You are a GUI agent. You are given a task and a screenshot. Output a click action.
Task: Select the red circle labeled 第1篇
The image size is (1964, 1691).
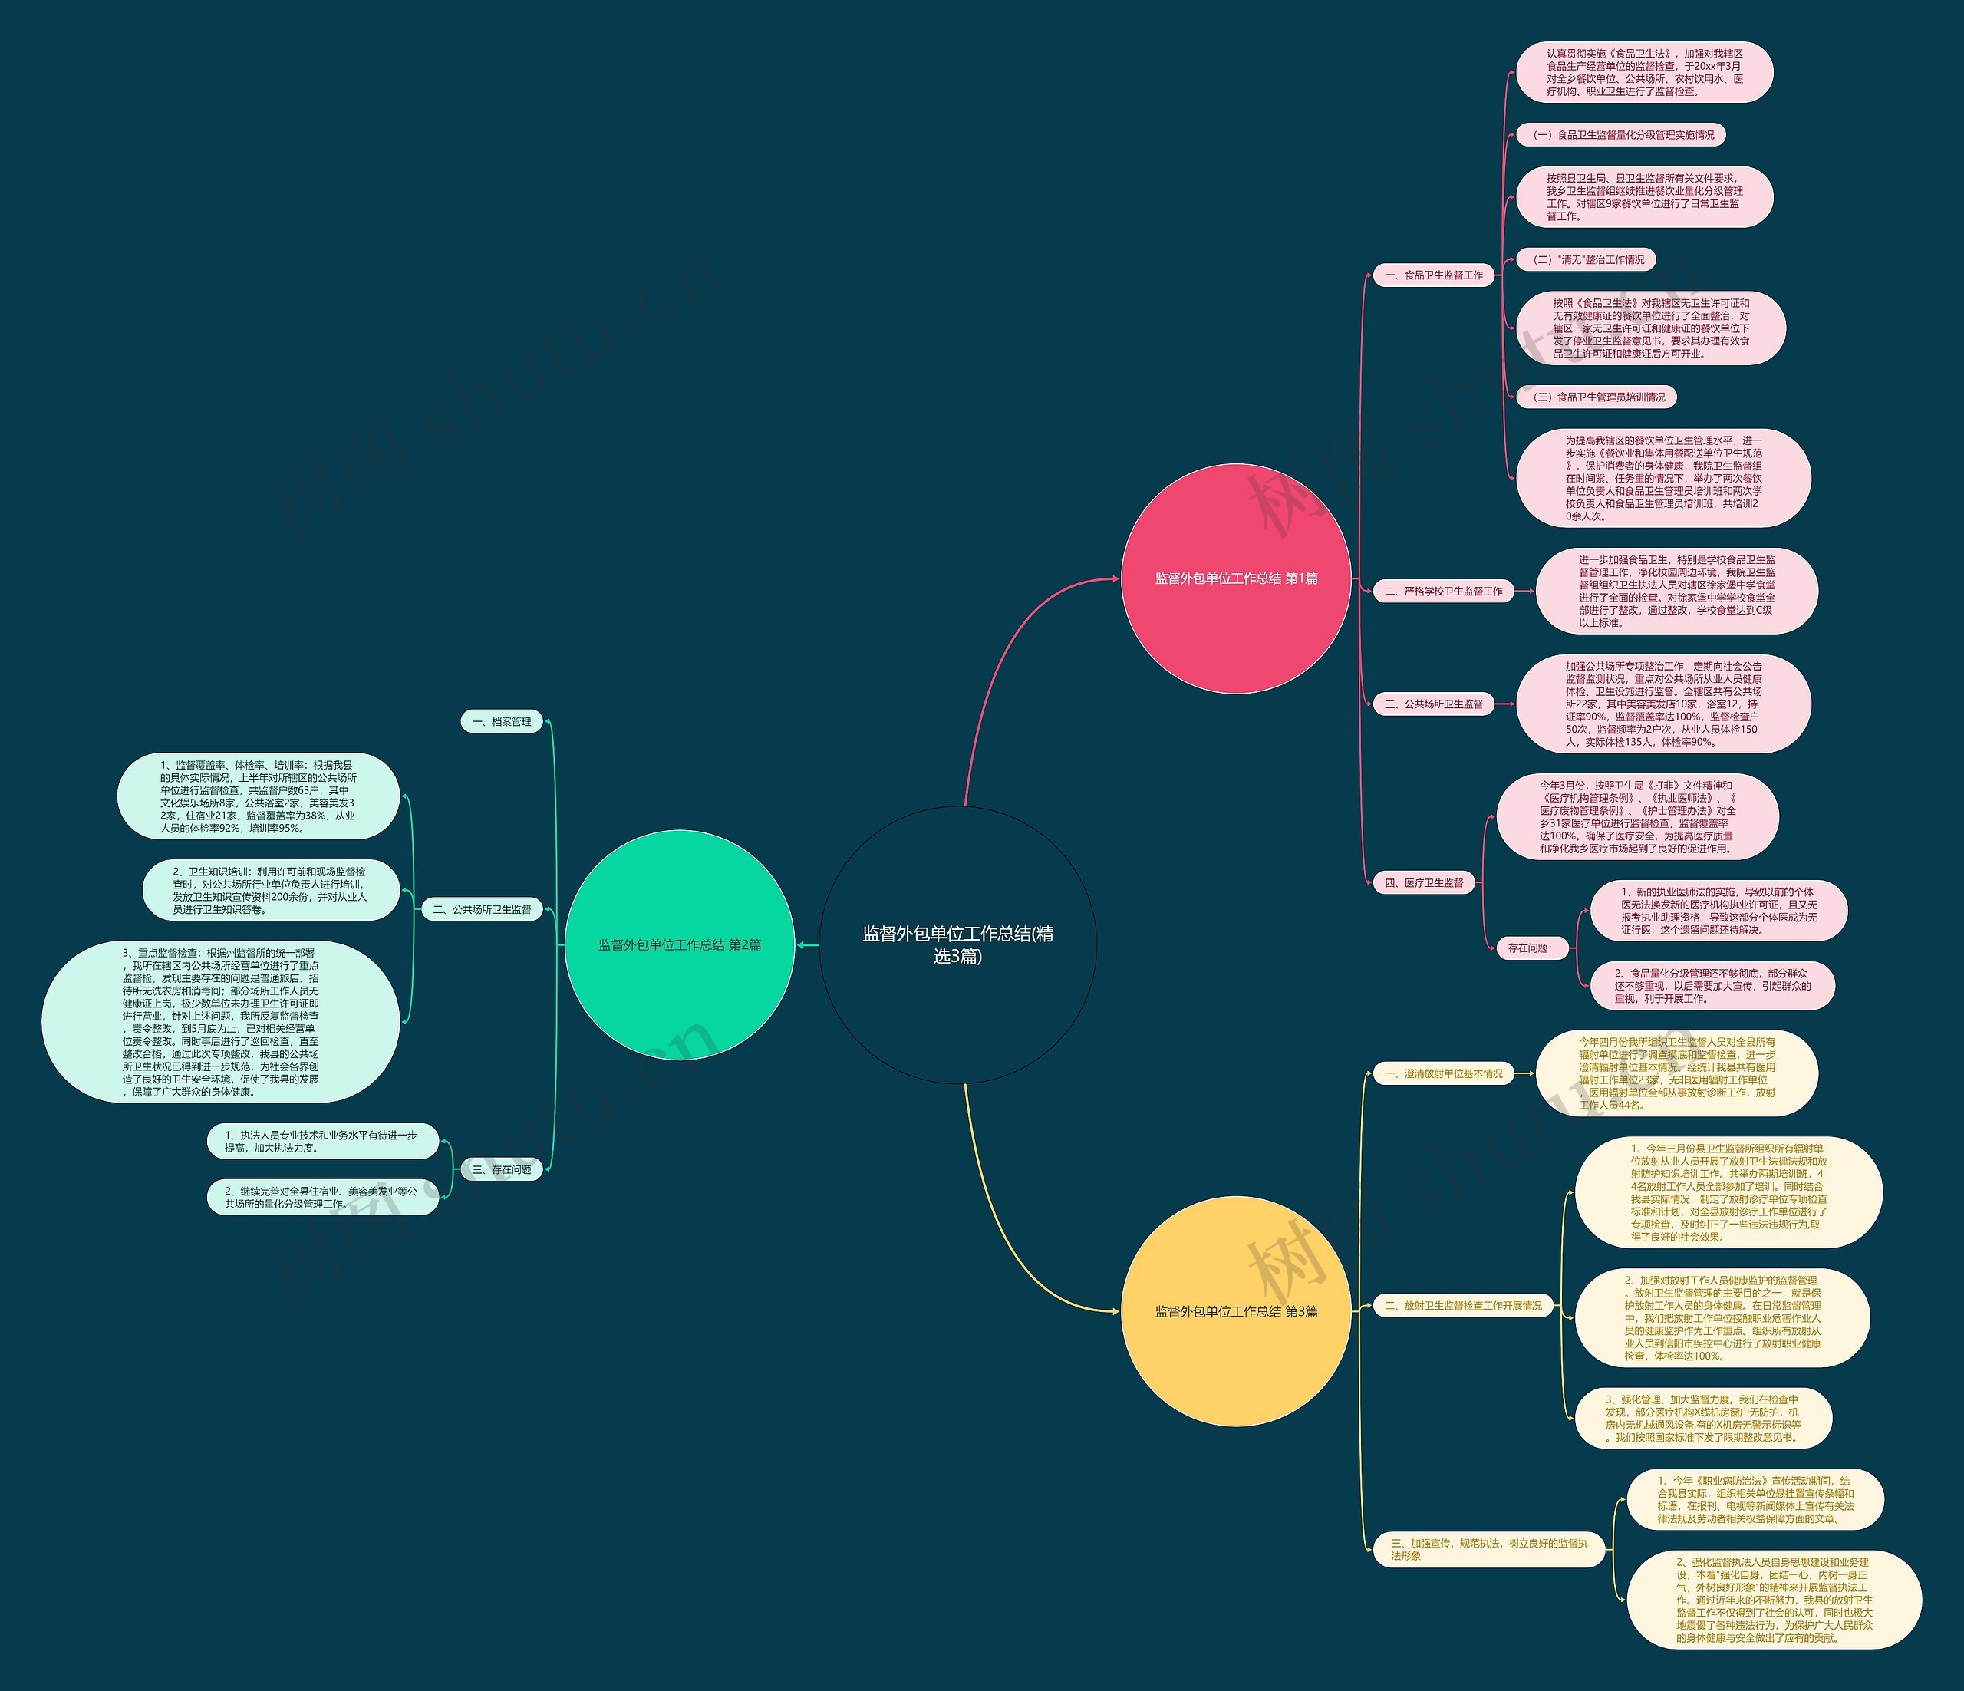[x=1235, y=578]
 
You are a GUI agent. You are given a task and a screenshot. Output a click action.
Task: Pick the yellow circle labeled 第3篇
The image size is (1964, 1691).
[x=1235, y=1311]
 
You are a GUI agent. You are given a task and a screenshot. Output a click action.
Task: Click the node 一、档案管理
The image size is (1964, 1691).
[x=502, y=722]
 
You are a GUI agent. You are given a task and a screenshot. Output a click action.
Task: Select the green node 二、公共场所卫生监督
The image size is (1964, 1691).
[x=483, y=909]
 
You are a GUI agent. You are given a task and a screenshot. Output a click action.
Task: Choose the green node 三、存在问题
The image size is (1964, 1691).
[x=502, y=1170]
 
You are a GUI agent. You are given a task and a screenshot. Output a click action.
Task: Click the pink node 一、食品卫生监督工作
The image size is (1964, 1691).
[x=1434, y=275]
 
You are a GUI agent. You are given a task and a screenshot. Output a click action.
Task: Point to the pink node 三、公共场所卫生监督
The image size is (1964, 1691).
[x=1434, y=704]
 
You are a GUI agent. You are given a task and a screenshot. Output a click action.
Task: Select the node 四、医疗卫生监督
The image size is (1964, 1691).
[x=1425, y=882]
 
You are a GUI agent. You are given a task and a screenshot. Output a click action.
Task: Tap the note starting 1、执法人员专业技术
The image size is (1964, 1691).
[x=322, y=1141]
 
